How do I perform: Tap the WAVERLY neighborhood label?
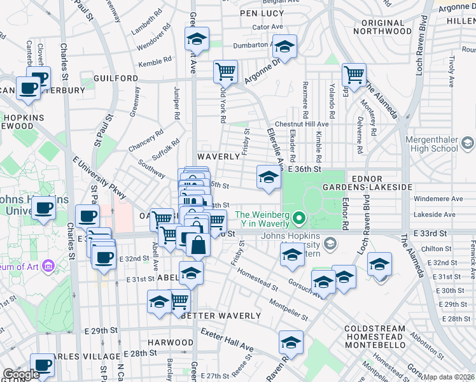218,156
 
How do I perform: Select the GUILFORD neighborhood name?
115,78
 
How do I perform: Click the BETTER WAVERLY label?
221,316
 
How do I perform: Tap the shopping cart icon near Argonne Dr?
225,73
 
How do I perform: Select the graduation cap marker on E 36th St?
269,177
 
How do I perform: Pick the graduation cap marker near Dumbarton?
285,47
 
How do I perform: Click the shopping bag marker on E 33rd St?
198,244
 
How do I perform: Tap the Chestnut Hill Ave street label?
302,124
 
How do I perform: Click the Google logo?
20,375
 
